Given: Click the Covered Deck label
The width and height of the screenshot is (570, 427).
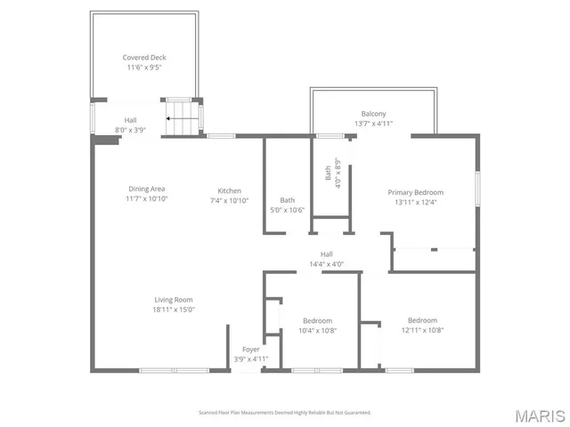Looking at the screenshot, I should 144,57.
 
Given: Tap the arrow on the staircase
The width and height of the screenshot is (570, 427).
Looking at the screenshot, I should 183,117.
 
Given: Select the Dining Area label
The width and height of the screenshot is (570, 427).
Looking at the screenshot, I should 147,189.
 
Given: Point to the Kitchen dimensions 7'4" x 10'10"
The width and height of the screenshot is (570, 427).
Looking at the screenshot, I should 229,201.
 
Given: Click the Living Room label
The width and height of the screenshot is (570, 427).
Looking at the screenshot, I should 173,300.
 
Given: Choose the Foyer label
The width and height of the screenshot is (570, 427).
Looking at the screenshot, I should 250,349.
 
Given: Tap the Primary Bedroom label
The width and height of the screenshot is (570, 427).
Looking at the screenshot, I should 414,192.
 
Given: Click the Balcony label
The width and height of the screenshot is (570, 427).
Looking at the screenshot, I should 373,114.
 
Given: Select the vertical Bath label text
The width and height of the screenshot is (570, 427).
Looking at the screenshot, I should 328,174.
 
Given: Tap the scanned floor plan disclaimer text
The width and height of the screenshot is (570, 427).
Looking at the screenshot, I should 284,413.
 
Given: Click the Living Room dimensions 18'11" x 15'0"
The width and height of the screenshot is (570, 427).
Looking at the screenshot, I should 173,310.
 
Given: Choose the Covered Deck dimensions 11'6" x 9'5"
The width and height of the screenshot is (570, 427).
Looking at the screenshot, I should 144,67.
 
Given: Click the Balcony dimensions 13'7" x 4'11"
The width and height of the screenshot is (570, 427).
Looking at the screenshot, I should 373,124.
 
